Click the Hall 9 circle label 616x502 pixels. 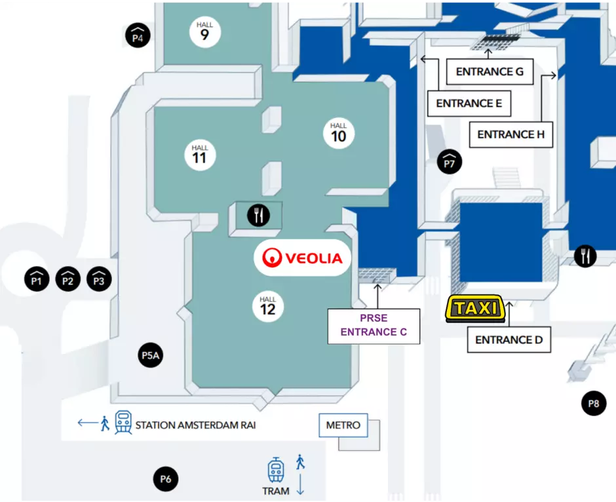204,32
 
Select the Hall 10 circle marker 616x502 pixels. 339,133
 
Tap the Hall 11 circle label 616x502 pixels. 200,155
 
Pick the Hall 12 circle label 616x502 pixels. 268,307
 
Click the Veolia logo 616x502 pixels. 302,258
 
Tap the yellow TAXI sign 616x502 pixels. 475,309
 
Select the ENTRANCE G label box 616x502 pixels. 490,71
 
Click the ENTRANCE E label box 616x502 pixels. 469,104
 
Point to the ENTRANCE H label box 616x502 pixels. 511,135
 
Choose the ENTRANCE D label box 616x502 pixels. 509,339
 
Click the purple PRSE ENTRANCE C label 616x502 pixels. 374,326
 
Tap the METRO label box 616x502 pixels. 343,425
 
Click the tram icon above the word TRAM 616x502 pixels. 276,470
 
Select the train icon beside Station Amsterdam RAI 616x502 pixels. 123,422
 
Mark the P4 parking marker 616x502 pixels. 138,35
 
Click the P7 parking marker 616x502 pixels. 450,162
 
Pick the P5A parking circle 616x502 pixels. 151,355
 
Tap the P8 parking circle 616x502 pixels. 594,404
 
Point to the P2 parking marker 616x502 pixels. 68,279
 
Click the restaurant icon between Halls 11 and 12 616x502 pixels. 258,215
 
